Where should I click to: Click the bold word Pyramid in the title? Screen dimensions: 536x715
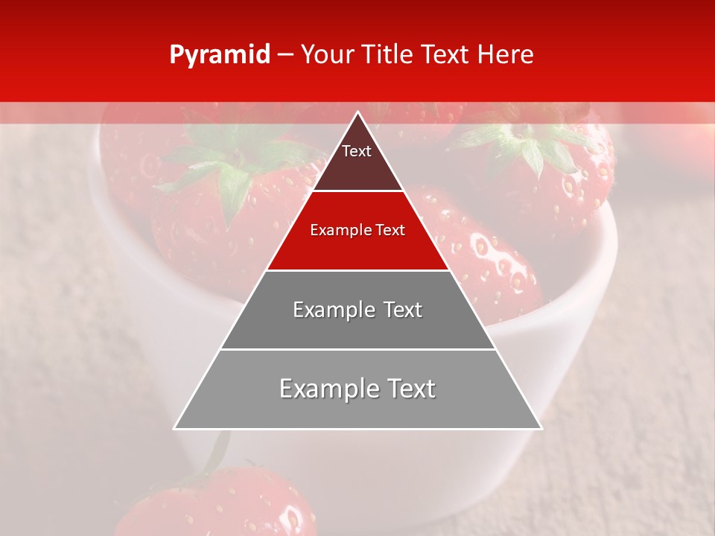[219, 55]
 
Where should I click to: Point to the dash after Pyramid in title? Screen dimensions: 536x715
[285, 55]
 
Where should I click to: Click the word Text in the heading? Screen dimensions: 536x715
[447, 54]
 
